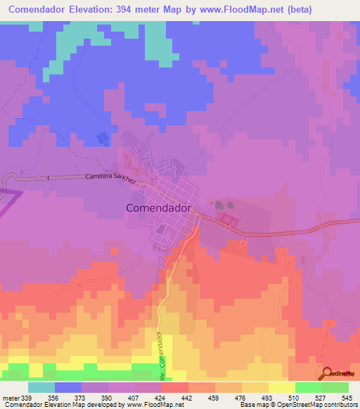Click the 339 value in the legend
pos(26,397)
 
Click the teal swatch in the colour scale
pos(41,387)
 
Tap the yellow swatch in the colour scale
pos(282,387)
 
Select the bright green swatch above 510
pos(309,387)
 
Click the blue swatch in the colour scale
pos(68,387)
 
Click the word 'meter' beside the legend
pos(10,397)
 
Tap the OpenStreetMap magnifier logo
pos(327,373)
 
